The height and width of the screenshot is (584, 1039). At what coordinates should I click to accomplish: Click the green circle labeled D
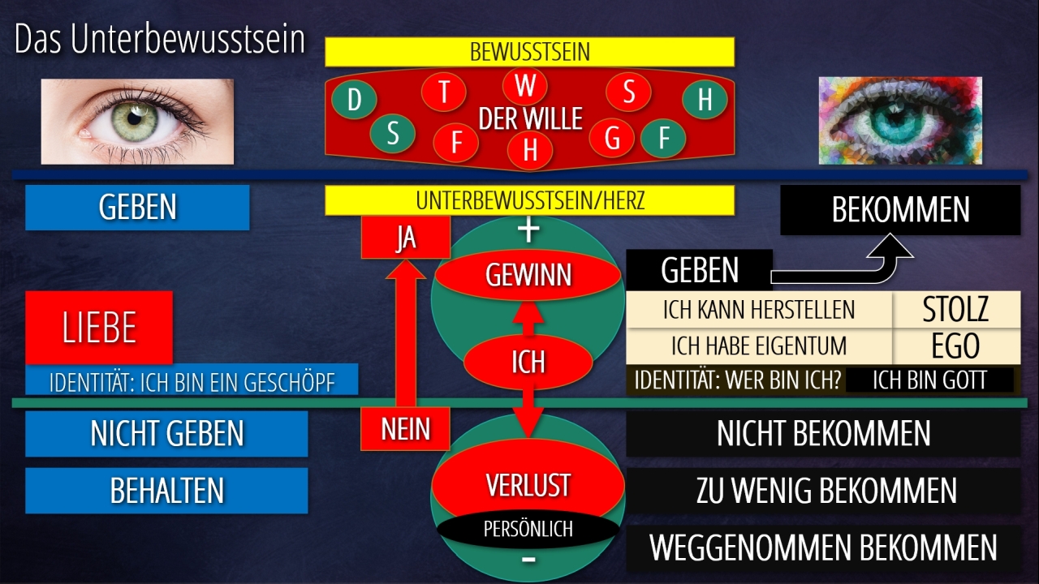pos(354,101)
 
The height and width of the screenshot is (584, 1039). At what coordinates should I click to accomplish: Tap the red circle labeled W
pos(525,85)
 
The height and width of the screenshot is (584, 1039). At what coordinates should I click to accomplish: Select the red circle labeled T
pos(444,92)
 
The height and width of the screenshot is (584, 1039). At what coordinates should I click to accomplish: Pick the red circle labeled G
pos(612,139)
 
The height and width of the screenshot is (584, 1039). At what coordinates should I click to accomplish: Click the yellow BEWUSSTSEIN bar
pos(529,52)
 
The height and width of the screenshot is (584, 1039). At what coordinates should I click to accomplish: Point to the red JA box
pos(405,238)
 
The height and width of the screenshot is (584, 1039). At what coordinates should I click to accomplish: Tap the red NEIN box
pos(405,429)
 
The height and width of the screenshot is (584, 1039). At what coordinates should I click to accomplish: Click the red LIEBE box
pos(99,327)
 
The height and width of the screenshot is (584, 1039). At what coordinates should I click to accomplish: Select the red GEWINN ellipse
pos(528,276)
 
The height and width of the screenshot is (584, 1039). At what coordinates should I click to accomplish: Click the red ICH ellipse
pos(528,361)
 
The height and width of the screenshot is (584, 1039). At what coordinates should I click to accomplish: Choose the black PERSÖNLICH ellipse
pos(528,529)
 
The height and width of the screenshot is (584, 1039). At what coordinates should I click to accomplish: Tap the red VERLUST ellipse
pos(528,485)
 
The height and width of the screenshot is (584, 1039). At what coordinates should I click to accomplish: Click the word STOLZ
pos(956,309)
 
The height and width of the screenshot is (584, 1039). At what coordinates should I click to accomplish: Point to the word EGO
pos(956,346)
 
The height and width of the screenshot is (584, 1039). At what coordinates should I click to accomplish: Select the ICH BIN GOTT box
pos(929,380)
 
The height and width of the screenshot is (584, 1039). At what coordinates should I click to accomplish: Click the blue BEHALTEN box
pos(166,490)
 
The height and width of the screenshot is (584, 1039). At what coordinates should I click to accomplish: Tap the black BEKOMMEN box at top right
pos(900,210)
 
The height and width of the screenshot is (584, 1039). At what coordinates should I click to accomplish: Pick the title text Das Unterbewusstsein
pos(160,41)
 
